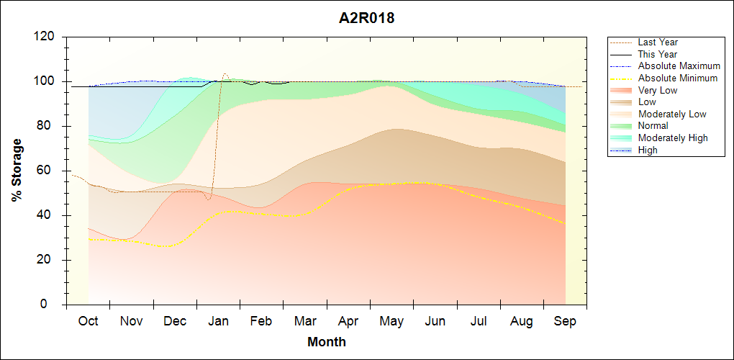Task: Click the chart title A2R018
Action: tap(366, 19)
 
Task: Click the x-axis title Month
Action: tap(327, 342)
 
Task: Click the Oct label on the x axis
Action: tap(88, 321)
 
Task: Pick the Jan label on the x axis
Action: tap(218, 321)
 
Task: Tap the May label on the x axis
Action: tap(391, 321)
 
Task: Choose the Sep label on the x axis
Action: tap(565, 321)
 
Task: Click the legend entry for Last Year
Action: tap(658, 42)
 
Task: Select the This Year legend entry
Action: tap(657, 54)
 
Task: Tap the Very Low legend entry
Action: tap(658, 90)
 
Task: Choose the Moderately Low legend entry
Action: tap(672, 114)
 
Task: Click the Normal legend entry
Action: tap(653, 126)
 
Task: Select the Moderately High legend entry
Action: tap(673, 138)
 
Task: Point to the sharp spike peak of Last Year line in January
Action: tap(225, 74)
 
